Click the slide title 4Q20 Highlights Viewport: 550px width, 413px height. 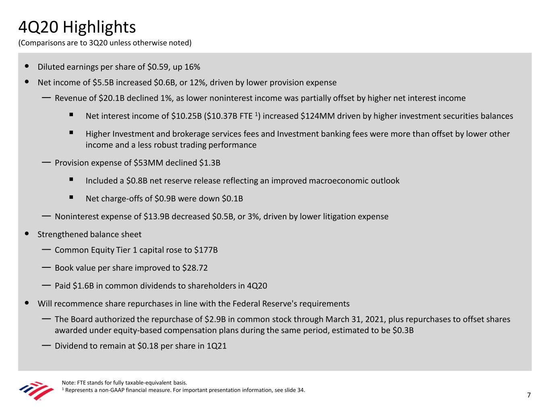click(77, 27)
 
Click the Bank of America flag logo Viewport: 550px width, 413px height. click(36, 390)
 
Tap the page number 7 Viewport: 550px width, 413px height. click(529, 395)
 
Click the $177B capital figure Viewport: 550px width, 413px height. click(205, 250)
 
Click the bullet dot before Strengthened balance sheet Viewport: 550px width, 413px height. click(27, 234)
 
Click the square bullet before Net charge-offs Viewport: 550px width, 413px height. click(71, 198)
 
